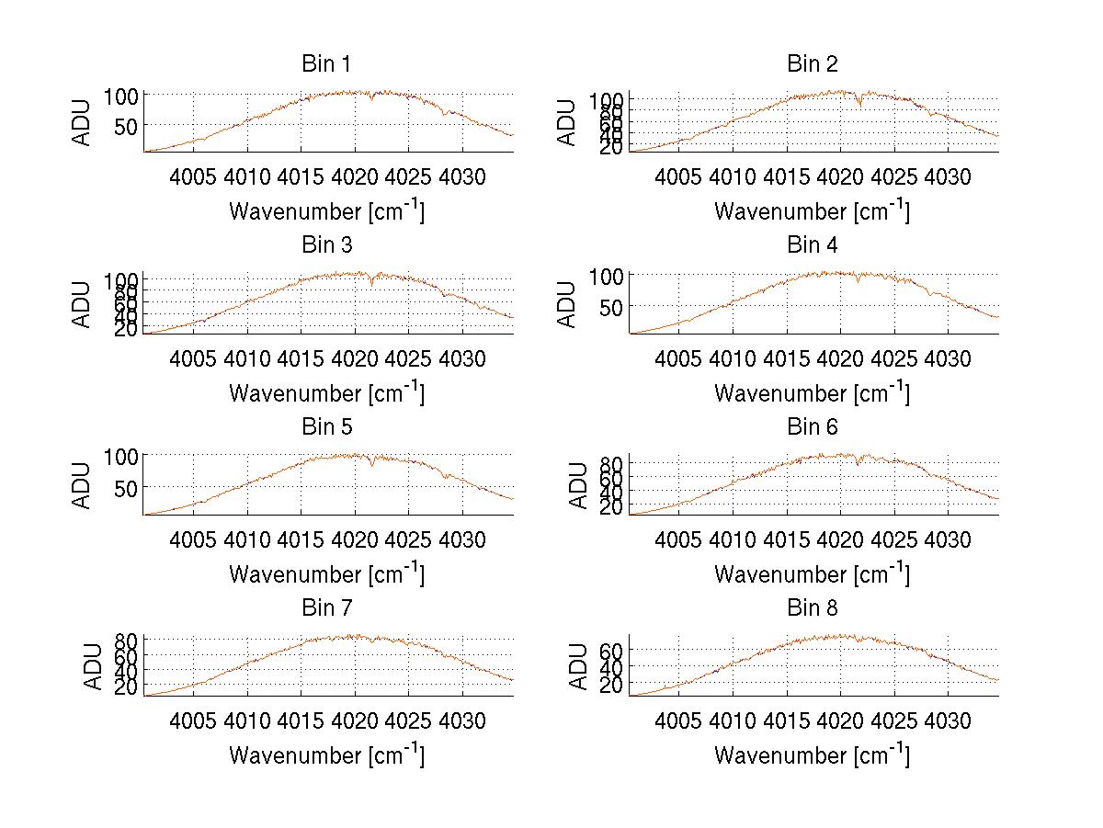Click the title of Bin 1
click(325, 64)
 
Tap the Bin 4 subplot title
click(813, 245)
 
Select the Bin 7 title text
click(325, 608)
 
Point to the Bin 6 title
click(813, 427)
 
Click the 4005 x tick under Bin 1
click(193, 176)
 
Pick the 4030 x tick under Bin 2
click(947, 176)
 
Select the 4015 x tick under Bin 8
click(786, 720)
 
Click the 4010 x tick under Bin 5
click(247, 539)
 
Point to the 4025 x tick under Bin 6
click(893, 539)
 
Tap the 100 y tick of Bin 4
click(607, 275)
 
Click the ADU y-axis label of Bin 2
click(568, 123)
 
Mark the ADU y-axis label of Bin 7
click(91, 667)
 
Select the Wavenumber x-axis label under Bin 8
click(812, 754)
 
